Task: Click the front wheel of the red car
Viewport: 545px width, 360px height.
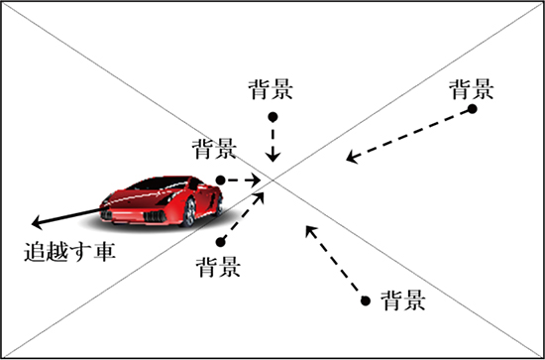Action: [188, 212]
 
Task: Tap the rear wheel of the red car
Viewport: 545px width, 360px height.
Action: [219, 205]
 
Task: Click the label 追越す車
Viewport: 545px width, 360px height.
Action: [69, 252]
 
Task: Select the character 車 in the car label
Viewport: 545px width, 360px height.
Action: [104, 252]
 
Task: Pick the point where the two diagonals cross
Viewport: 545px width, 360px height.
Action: [272, 180]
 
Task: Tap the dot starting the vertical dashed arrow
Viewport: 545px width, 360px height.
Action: [272, 117]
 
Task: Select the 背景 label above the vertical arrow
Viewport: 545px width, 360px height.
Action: [271, 89]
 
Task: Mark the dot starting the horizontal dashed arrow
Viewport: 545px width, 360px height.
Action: [220, 180]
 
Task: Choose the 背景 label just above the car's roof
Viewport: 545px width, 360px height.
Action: [214, 149]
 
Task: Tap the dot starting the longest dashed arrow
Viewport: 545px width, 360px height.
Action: [472, 109]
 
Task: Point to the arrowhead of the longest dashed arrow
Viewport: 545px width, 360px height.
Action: [352, 158]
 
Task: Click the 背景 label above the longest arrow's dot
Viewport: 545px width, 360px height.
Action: [471, 89]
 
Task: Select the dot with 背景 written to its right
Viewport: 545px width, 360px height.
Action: [365, 300]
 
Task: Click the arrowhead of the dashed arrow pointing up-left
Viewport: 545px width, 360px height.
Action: [310, 231]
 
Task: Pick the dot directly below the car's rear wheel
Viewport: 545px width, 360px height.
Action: [220, 242]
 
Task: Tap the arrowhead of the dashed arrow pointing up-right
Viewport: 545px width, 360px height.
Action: [260, 197]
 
